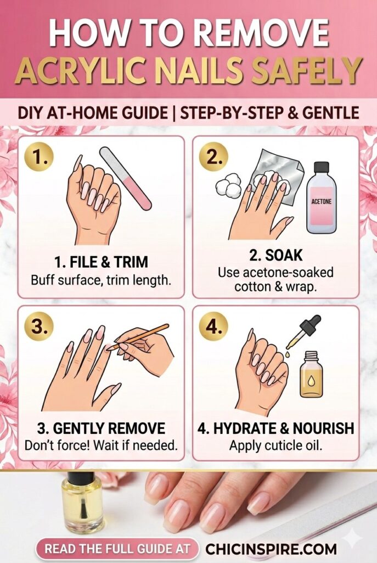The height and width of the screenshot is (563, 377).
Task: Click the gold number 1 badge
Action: (40, 158)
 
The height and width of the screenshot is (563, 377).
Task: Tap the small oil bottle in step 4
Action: (311, 374)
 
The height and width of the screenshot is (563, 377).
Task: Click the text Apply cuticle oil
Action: (275, 445)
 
